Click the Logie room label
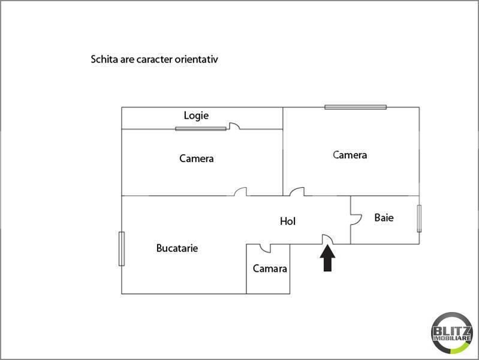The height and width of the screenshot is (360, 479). pos(196,116)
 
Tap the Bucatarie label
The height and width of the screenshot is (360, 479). pos(177,248)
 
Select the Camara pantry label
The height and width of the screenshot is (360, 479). pos(270,269)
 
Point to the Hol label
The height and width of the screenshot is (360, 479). pos(288,221)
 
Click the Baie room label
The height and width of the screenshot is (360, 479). pos(384,218)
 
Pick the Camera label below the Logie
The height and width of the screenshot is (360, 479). pos(196,158)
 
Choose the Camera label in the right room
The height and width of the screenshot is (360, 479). pos(350,155)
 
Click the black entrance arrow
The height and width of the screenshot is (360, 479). pos(327,259)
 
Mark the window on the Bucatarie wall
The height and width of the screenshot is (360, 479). pos(122,248)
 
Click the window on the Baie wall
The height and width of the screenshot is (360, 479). pos(419,218)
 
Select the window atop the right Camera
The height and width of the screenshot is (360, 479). pos(356,107)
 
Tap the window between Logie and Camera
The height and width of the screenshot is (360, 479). pos(201,129)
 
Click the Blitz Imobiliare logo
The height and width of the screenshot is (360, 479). pos(452,333)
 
